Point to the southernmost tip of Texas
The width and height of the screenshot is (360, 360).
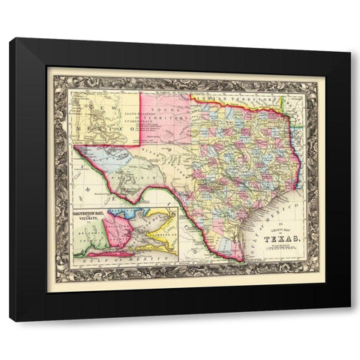pyautogui.click(x=238, y=259)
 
